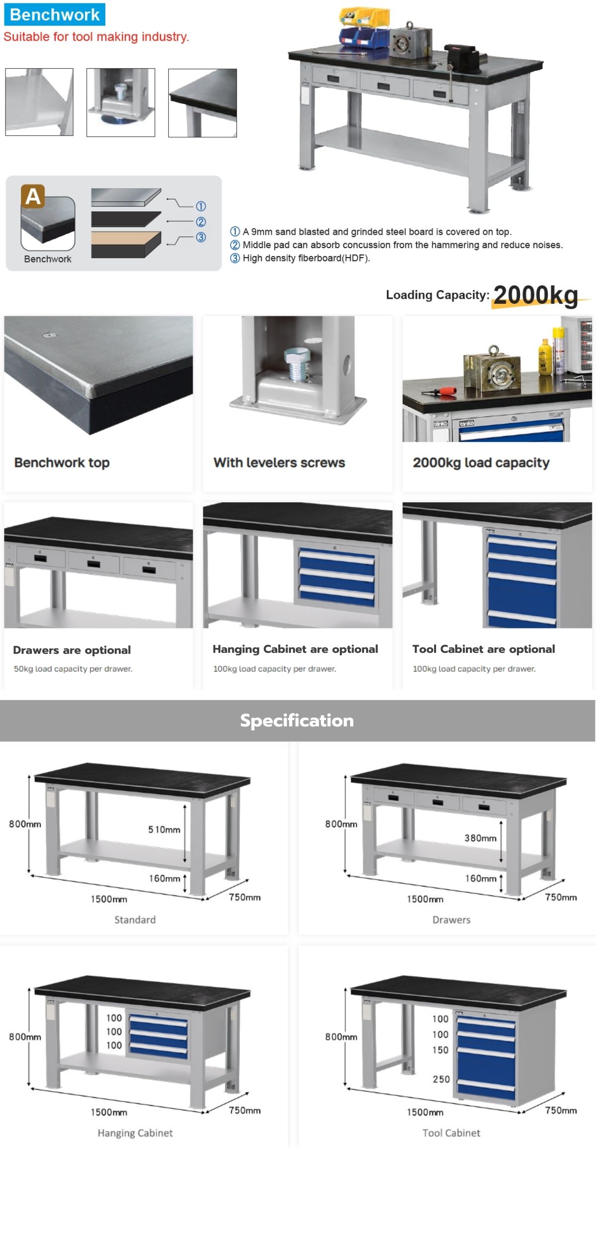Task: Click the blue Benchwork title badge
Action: pyautogui.click(x=55, y=15)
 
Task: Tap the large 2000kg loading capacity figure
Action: pyautogui.click(x=535, y=295)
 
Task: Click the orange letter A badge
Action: pyautogui.click(x=33, y=196)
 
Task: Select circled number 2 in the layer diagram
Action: pyautogui.click(x=201, y=222)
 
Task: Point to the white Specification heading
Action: pyautogui.click(x=297, y=720)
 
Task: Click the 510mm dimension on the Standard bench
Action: pyautogui.click(x=164, y=830)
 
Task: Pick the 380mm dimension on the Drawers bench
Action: pyautogui.click(x=480, y=838)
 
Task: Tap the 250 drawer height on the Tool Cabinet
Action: pyautogui.click(x=441, y=1079)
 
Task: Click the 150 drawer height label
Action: pyautogui.click(x=440, y=1050)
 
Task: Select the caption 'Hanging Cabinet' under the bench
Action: pyautogui.click(x=135, y=1133)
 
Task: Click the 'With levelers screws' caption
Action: pyautogui.click(x=279, y=463)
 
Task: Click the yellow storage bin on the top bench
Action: pyautogui.click(x=364, y=16)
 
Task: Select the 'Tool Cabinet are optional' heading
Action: pyautogui.click(x=484, y=649)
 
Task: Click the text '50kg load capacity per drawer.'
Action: pyautogui.click(x=73, y=669)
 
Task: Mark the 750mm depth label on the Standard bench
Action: pyautogui.click(x=245, y=897)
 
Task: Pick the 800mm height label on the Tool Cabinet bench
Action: pyautogui.click(x=341, y=1037)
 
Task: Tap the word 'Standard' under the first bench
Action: pyautogui.click(x=135, y=920)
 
